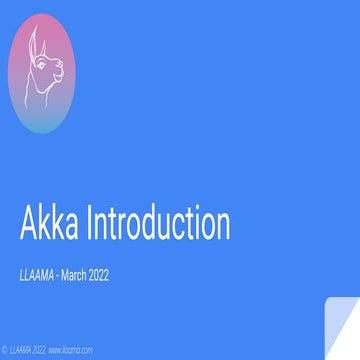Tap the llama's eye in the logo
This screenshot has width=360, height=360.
click(50, 69)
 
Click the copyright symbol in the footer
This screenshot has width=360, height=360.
click(5, 351)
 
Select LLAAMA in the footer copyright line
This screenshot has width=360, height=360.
click(23, 351)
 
